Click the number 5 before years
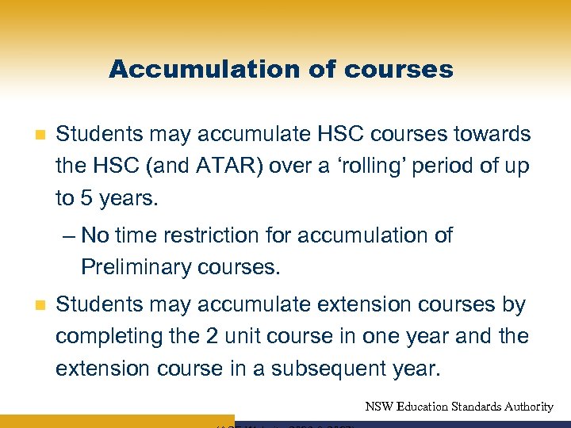pyautogui.click(x=86, y=198)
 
